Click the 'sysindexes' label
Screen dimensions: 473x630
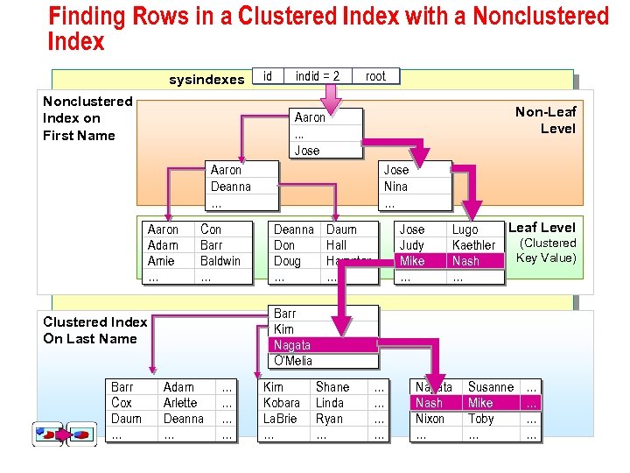(x=206, y=80)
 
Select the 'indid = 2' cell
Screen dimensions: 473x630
(x=317, y=76)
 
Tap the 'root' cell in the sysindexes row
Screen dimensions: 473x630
(x=375, y=76)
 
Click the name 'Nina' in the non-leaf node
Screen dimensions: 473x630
(x=395, y=187)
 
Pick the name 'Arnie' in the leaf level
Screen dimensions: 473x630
(x=161, y=261)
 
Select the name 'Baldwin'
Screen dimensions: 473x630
(x=220, y=261)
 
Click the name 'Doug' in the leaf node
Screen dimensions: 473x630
(x=287, y=261)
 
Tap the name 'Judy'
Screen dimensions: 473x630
(x=411, y=245)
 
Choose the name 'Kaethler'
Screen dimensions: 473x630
(x=473, y=245)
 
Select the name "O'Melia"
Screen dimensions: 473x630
(x=292, y=361)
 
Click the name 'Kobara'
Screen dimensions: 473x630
(x=281, y=403)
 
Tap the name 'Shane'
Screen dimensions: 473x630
(x=332, y=387)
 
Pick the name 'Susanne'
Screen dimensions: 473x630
(x=490, y=387)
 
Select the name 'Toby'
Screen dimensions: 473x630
(x=480, y=419)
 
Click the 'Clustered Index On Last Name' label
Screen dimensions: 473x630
(x=94, y=330)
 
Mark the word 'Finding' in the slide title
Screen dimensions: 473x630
(x=88, y=17)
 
